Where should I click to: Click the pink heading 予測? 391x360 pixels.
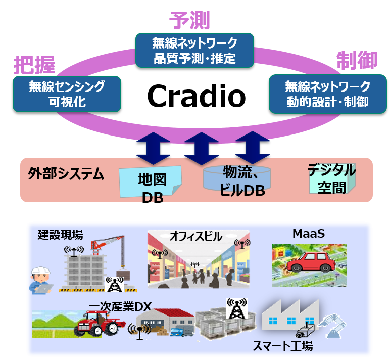(189, 20)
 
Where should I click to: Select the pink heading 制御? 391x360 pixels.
(357, 61)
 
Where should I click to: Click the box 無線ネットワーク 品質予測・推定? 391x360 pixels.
(194, 50)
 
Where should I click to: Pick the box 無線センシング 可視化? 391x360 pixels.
(67, 94)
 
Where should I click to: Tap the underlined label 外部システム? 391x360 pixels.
(66, 175)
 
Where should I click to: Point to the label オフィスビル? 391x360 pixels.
(196, 236)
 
